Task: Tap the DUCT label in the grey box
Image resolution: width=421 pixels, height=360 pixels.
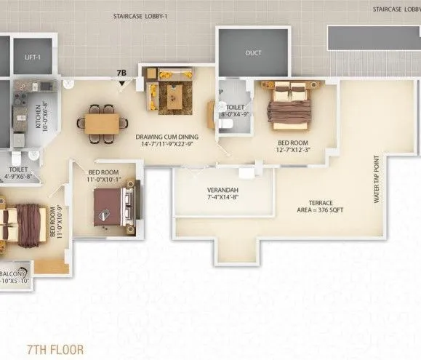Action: coord(253,53)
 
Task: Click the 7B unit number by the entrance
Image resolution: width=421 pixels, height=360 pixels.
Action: coord(121,73)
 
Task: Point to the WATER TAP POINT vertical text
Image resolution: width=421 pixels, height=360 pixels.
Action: coord(377,179)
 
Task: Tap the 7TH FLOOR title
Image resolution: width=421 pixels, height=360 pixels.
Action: coord(54,349)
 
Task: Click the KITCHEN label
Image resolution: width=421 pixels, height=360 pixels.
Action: coord(39,115)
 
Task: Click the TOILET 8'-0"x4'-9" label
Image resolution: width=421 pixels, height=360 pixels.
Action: coord(234,109)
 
